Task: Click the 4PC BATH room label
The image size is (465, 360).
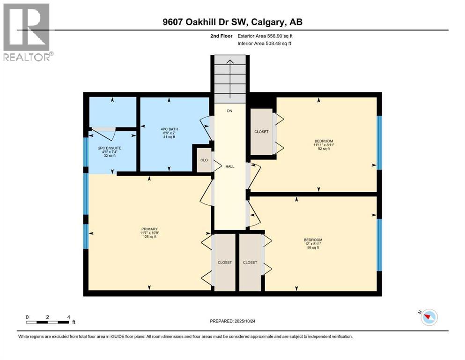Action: pyautogui.click(x=169, y=129)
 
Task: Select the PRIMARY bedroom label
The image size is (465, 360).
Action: pyautogui.click(x=149, y=229)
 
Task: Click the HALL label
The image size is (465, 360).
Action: pyautogui.click(x=229, y=166)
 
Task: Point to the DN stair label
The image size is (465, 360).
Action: pyautogui.click(x=229, y=111)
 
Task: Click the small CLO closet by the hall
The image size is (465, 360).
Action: pyautogui.click(x=204, y=160)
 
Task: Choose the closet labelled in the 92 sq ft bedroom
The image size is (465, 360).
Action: pyautogui.click(x=261, y=132)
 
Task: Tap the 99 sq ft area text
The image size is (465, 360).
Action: pyautogui.click(x=313, y=247)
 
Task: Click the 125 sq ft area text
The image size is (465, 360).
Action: pyautogui.click(x=149, y=237)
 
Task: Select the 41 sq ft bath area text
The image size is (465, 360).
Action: pyautogui.click(x=169, y=137)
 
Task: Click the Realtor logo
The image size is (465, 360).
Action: pyautogui.click(x=27, y=32)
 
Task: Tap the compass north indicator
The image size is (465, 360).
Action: pyautogui.click(x=428, y=317)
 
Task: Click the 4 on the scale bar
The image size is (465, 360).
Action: pyautogui.click(x=69, y=317)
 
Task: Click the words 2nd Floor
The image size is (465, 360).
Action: pyautogui.click(x=221, y=36)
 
